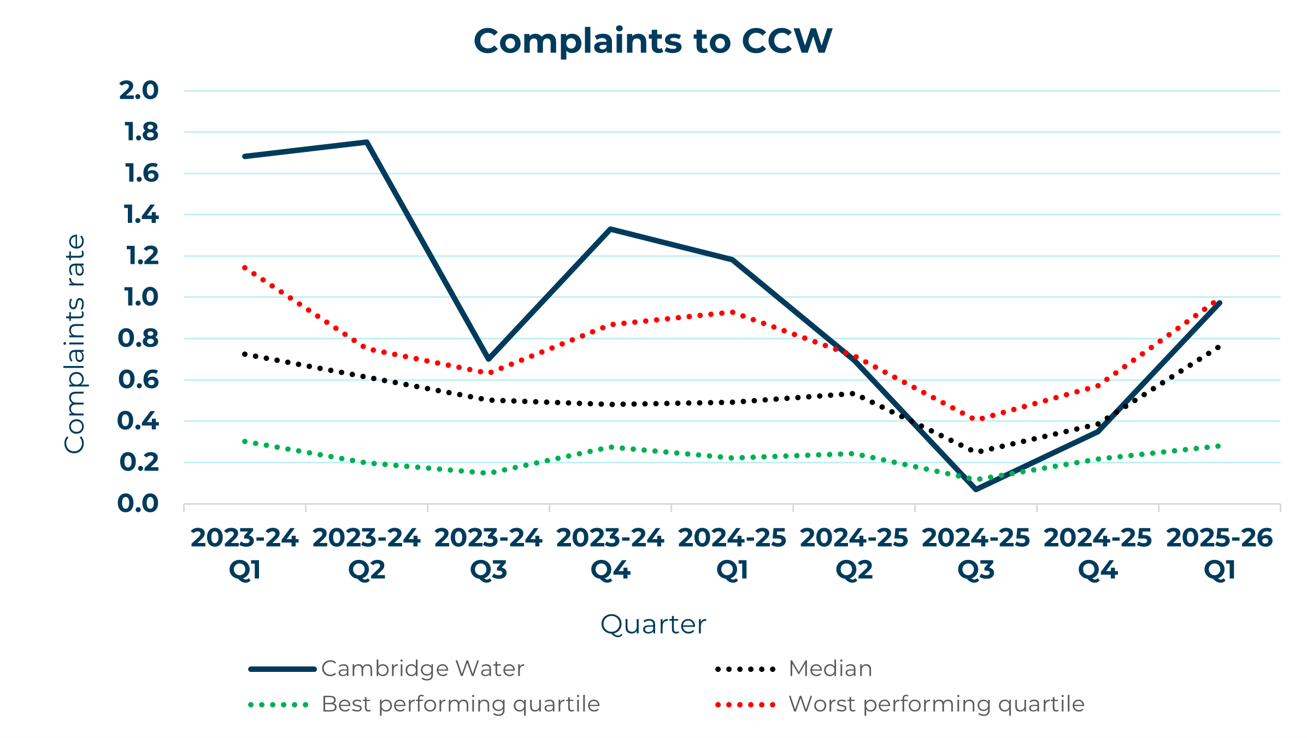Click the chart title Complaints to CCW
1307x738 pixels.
pyautogui.click(x=652, y=42)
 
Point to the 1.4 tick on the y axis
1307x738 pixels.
pyautogui.click(x=141, y=215)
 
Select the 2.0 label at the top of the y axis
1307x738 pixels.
pyautogui.click(x=139, y=91)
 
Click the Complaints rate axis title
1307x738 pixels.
pyautogui.click(x=75, y=344)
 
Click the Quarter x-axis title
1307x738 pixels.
pyautogui.click(x=653, y=624)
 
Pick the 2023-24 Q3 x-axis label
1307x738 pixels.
pyautogui.click(x=488, y=553)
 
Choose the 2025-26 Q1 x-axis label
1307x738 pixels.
pyautogui.click(x=1220, y=553)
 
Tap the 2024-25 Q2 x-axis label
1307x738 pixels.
pyautogui.click(x=853, y=553)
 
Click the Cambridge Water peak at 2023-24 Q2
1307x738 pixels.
pyautogui.click(x=367, y=142)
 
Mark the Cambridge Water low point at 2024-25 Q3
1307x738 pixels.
pyautogui.click(x=976, y=489)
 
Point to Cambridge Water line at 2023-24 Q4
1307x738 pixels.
pyautogui.click(x=610, y=229)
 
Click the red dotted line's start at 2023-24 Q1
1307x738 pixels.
pyautogui.click(x=245, y=268)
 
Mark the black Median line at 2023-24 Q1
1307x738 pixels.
pyautogui.click(x=245, y=354)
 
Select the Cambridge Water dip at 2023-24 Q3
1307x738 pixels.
pyautogui.click(x=488, y=359)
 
